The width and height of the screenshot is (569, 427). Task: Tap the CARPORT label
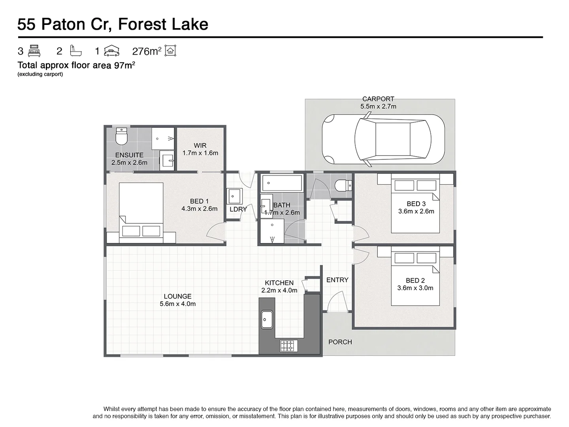pos(378,99)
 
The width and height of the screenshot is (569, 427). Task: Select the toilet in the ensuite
pos(121,137)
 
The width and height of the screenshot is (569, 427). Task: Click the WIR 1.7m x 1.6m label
pos(200,149)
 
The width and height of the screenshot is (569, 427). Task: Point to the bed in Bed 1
pos(141,213)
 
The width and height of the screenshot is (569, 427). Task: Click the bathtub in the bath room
pos(282,183)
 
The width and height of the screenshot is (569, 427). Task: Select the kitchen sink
pos(267,319)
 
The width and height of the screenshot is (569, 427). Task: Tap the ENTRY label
pos(337,280)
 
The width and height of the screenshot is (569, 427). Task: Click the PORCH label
pos(340,342)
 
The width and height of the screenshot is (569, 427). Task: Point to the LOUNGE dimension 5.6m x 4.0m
pos(178,304)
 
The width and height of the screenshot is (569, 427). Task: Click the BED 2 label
pos(415,280)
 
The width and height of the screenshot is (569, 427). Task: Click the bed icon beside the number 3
pos(34,51)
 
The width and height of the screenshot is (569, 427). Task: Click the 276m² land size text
pos(146,51)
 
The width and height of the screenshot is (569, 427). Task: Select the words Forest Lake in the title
pos(163,25)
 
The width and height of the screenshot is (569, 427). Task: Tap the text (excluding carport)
pos(40,74)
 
